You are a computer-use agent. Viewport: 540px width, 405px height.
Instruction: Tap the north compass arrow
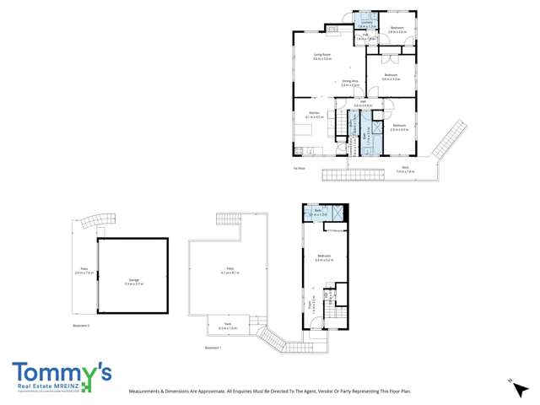click(511, 382)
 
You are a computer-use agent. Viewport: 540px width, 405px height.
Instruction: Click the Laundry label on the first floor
click(364, 25)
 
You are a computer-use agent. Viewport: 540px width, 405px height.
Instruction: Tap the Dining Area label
click(349, 83)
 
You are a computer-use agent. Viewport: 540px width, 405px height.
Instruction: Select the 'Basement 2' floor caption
click(82, 324)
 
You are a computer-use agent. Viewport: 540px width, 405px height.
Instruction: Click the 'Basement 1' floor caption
click(213, 347)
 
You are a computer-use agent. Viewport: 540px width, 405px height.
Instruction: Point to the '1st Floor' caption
click(299, 168)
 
